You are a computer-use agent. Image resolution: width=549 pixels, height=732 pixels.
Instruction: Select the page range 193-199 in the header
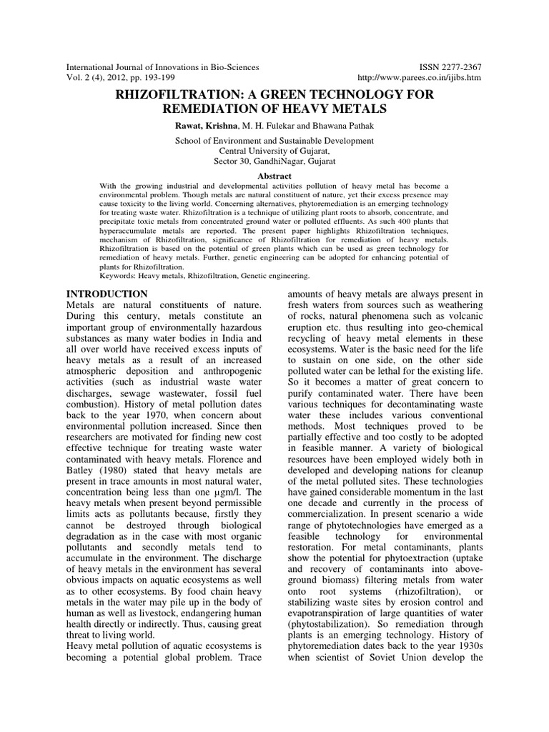coord(153,77)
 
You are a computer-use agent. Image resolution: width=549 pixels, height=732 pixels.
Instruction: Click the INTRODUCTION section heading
coord(107,294)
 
